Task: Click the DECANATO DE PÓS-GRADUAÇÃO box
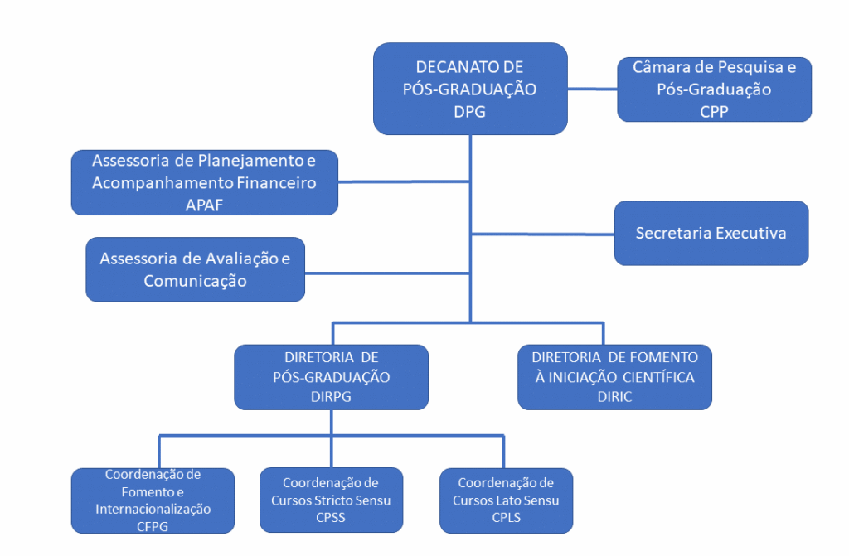click(x=470, y=89)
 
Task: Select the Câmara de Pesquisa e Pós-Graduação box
click(x=714, y=89)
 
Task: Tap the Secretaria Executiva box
click(x=711, y=233)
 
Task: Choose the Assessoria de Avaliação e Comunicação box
click(x=195, y=269)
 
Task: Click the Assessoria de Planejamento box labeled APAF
click(x=204, y=183)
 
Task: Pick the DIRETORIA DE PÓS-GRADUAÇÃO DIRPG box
click(x=331, y=377)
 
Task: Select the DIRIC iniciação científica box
click(x=614, y=377)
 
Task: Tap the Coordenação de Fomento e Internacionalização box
click(x=153, y=500)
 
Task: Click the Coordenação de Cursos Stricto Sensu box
click(x=331, y=500)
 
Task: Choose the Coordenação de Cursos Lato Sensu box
click(x=506, y=500)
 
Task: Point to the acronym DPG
click(x=469, y=112)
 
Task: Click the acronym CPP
click(x=714, y=111)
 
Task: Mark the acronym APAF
click(x=204, y=205)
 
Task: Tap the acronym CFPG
click(x=153, y=525)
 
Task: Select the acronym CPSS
click(x=331, y=519)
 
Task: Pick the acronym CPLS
click(x=506, y=519)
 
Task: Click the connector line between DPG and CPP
click(x=593, y=86)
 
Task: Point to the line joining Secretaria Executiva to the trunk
click(x=542, y=233)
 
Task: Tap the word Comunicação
click(x=195, y=280)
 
